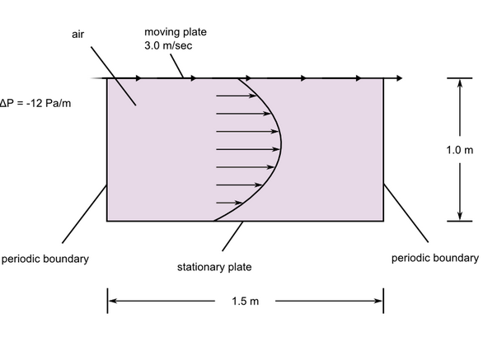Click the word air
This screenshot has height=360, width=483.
pyautogui.click(x=77, y=34)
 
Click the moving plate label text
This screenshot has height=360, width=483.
pyautogui.click(x=176, y=32)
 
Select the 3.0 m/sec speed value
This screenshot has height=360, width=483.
pyautogui.click(x=168, y=45)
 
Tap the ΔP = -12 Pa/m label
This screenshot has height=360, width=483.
pyautogui.click(x=35, y=103)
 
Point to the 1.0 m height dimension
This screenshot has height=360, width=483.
pyautogui.click(x=460, y=150)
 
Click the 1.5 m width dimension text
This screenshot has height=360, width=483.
pyautogui.click(x=245, y=301)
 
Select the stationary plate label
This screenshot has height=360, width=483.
pyautogui.click(x=214, y=267)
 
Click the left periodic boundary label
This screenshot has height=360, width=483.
pyautogui.click(x=45, y=259)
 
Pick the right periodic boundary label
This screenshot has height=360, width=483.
pyautogui.click(x=435, y=258)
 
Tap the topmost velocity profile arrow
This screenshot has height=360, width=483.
pyautogui.click(x=237, y=96)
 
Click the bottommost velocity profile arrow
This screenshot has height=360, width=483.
pyautogui.click(x=229, y=203)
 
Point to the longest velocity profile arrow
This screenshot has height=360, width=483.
pyautogui.click(x=248, y=149)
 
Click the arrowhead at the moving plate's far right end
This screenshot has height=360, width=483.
pyautogui.click(x=399, y=78)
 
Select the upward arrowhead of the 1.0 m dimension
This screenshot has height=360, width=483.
pyautogui.click(x=460, y=83)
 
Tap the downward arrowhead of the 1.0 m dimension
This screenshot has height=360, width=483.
pyautogui.click(x=460, y=216)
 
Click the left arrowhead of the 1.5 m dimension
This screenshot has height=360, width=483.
pyautogui.click(x=112, y=301)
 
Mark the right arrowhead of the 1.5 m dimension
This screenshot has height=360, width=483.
pyautogui.click(x=378, y=301)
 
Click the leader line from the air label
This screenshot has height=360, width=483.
pyautogui.click(x=114, y=76)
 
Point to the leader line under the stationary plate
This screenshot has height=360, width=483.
pyautogui.click(x=232, y=236)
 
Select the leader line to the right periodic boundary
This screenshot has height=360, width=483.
pyautogui.click(x=406, y=213)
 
